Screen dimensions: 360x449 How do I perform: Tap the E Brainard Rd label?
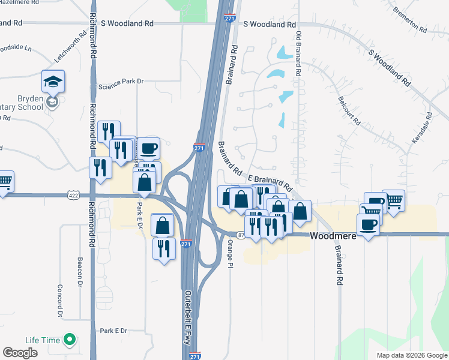point(270,179)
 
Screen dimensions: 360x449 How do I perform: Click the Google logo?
point(20,353)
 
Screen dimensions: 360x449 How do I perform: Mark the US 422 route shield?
point(73,195)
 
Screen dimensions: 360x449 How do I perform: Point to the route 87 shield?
point(241,236)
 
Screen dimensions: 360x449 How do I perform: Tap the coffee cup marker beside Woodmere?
point(368,225)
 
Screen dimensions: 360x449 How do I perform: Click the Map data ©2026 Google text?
point(412,355)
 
